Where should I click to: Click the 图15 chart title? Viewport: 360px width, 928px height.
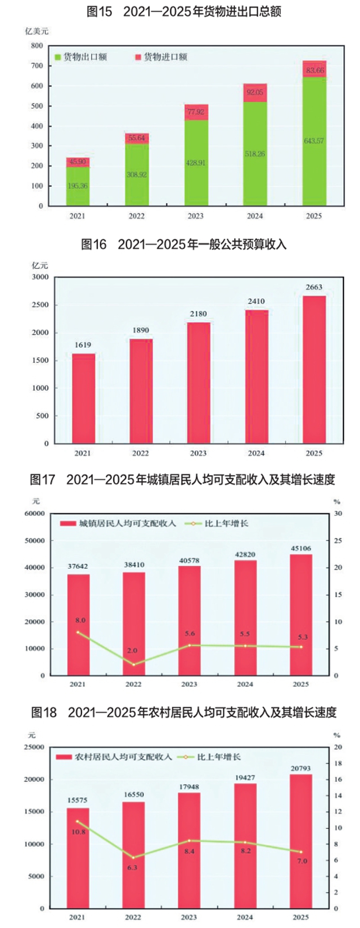(184, 12)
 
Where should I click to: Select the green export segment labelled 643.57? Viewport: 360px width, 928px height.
(314, 141)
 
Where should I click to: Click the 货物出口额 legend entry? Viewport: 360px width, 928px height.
(81, 57)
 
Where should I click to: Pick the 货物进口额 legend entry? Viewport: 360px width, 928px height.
(161, 57)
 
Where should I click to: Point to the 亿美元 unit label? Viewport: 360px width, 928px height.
(36, 31)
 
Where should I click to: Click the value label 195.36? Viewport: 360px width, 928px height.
(77, 186)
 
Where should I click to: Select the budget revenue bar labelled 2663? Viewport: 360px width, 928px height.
(314, 369)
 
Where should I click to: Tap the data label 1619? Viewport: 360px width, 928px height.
(83, 345)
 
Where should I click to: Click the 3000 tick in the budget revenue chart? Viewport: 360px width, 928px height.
(40, 277)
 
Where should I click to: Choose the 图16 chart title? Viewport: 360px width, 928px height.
(184, 244)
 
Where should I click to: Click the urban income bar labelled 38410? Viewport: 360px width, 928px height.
(134, 624)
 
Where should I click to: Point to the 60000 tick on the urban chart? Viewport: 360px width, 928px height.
(35, 514)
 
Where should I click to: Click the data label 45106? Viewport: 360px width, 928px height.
(301, 549)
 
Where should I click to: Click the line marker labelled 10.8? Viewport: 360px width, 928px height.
(78, 821)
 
